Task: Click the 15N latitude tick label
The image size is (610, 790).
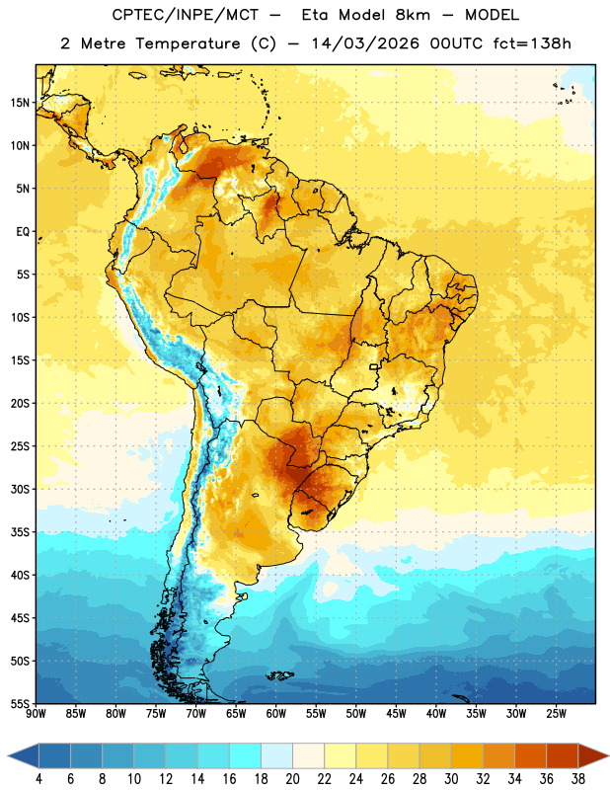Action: [20, 103]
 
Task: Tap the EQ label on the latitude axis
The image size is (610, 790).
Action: [23, 232]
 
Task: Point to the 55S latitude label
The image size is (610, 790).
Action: [20, 704]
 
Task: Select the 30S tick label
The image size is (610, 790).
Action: [20, 489]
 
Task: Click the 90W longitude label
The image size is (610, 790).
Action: [37, 714]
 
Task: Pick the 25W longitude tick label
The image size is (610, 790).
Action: [556, 714]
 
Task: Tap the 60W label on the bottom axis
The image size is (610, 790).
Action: [276, 714]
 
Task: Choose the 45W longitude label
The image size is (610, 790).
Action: [397, 714]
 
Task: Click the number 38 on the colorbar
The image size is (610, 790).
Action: [578, 779]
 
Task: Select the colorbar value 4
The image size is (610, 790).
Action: [38, 779]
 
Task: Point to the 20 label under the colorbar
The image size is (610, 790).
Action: [292, 779]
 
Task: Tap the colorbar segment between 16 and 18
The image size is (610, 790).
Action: [246, 756]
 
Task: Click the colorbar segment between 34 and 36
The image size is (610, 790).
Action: [531, 756]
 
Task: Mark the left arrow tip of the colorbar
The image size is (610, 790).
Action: [8, 756]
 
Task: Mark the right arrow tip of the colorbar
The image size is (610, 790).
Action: [609, 756]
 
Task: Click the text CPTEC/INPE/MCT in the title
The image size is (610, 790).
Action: [186, 15]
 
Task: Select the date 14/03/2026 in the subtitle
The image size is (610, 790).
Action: [365, 43]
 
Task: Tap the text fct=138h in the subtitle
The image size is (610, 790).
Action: [532, 43]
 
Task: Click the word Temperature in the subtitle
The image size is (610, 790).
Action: [188, 44]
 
